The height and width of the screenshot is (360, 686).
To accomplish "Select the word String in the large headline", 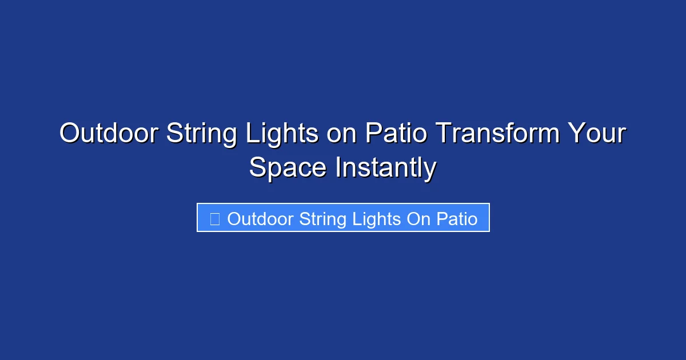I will pos(194,134).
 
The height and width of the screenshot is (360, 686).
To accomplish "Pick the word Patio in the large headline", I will pos(396,134).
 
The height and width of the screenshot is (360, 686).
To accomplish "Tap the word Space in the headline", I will pos(288,168).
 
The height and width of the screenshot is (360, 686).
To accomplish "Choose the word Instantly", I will pos(386,168).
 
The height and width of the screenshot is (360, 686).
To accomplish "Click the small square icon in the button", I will pos(215,219).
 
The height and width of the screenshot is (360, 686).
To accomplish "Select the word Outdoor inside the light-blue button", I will pos(261,219).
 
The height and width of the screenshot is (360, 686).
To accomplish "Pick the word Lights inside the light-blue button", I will pos(377,219).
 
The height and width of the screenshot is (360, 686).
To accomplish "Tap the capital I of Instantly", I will pos(337,168).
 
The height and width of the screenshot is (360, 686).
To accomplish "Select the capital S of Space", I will pos(257,168).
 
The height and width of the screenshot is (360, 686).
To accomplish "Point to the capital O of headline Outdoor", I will pos(70,134).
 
